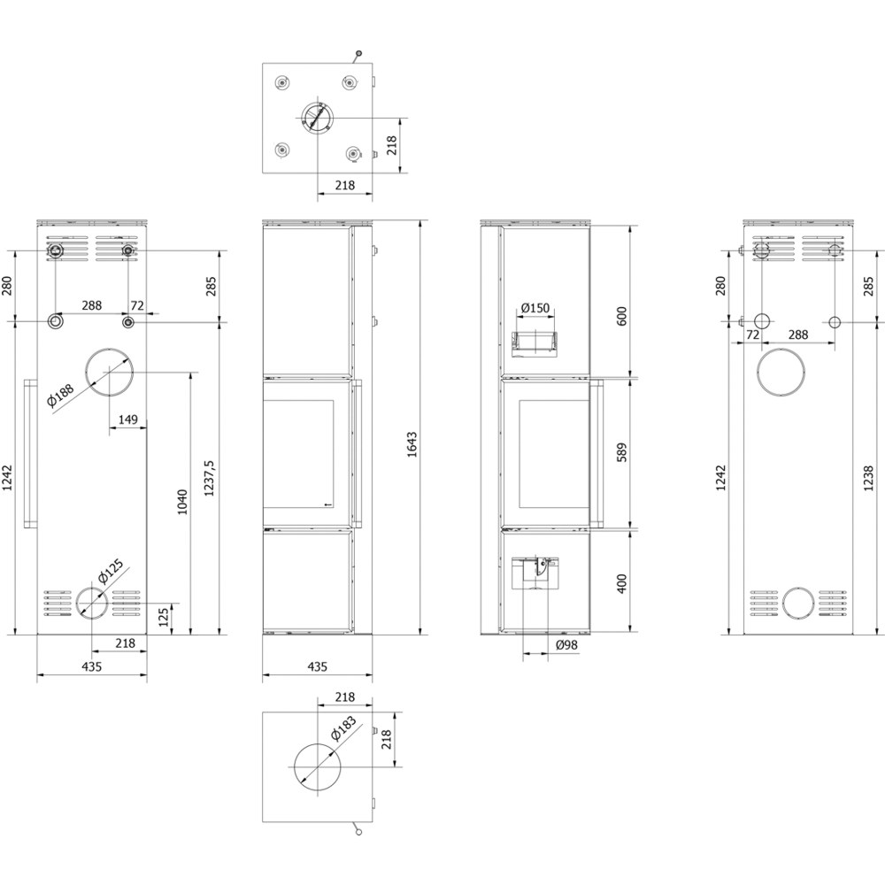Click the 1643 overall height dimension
pyautogui.click(x=412, y=444)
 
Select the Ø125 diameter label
pyautogui.click(x=110, y=573)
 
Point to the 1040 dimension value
pyautogui.click(x=181, y=502)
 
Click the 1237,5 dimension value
pyautogui.click(x=209, y=478)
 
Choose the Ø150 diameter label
pyautogui.click(x=535, y=308)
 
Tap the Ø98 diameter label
pyautogui.click(x=566, y=644)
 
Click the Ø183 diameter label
pyautogui.click(x=343, y=728)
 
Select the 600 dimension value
pyautogui.click(x=621, y=317)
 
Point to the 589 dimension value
pyautogui.click(x=621, y=452)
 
